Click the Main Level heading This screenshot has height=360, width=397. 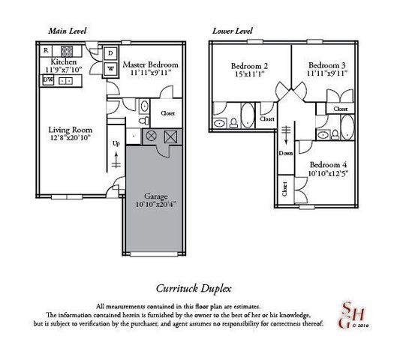click(68, 31)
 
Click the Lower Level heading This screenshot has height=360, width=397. click(232, 31)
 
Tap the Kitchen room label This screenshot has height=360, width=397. click(62, 62)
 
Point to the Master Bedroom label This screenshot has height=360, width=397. click(149, 64)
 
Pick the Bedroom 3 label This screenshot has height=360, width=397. click(327, 66)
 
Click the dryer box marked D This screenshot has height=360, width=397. click(110, 52)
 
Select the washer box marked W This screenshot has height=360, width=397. click(110, 68)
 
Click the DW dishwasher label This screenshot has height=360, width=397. click(48, 79)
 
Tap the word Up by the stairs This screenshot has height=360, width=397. click(115, 143)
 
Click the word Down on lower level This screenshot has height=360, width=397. click(287, 153)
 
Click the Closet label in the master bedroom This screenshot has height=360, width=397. click(167, 115)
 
